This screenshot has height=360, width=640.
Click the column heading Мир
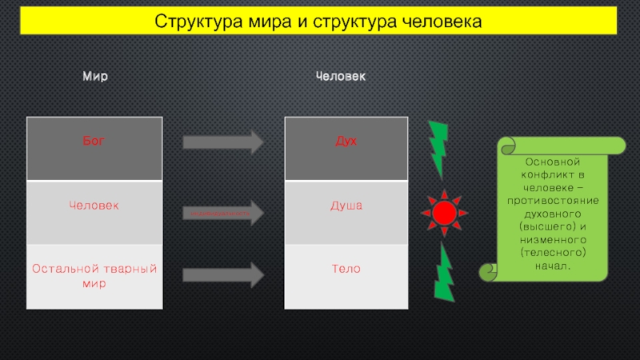click(96, 77)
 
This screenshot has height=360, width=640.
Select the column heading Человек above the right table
click(341, 77)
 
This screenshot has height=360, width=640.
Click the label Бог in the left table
click(94, 142)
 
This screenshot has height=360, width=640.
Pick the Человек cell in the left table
click(94, 206)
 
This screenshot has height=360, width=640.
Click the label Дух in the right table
click(346, 142)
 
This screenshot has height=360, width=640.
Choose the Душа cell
click(346, 206)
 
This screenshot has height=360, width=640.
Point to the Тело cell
click(346, 269)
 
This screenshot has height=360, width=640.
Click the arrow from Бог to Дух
click(223, 142)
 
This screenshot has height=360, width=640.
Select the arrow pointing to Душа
click(223, 214)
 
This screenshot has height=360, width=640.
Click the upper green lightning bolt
click(438, 149)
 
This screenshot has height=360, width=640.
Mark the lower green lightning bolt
click(444, 272)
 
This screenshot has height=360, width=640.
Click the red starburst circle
click(444, 213)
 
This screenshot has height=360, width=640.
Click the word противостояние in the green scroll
click(554, 199)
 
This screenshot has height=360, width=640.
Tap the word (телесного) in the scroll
click(554, 251)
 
